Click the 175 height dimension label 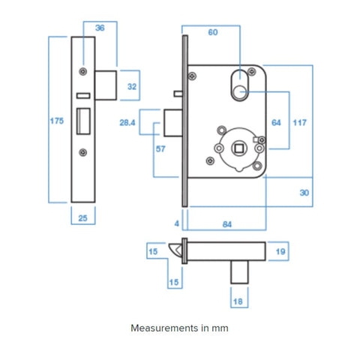56,121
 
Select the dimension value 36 100,28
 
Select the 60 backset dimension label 212,33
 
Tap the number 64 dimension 276,121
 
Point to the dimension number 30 304,193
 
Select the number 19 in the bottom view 281,252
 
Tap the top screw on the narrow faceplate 82,72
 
